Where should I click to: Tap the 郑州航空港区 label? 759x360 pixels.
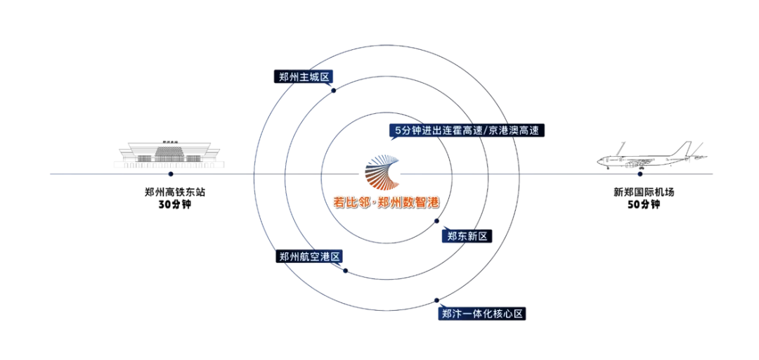(x=309, y=257)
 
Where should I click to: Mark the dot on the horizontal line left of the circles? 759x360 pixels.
(x=169, y=173)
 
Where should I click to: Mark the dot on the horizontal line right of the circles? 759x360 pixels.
(x=638, y=174)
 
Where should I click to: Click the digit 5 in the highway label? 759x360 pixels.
(x=398, y=131)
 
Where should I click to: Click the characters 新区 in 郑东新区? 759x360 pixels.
(x=477, y=236)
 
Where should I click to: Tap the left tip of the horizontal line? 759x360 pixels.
(x=47, y=173)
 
